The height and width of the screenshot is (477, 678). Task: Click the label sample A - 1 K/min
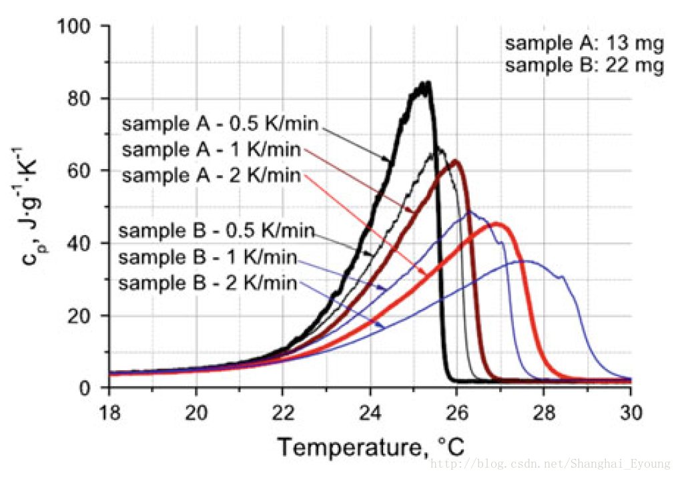click(x=212, y=149)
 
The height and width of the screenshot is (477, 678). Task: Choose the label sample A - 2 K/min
click(x=212, y=176)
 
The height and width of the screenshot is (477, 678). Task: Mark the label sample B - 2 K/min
click(x=208, y=283)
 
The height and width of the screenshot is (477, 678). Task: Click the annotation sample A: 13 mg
click(x=585, y=44)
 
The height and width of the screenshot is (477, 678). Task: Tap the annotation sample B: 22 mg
click(x=585, y=66)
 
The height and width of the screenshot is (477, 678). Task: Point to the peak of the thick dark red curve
click(x=455, y=161)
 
